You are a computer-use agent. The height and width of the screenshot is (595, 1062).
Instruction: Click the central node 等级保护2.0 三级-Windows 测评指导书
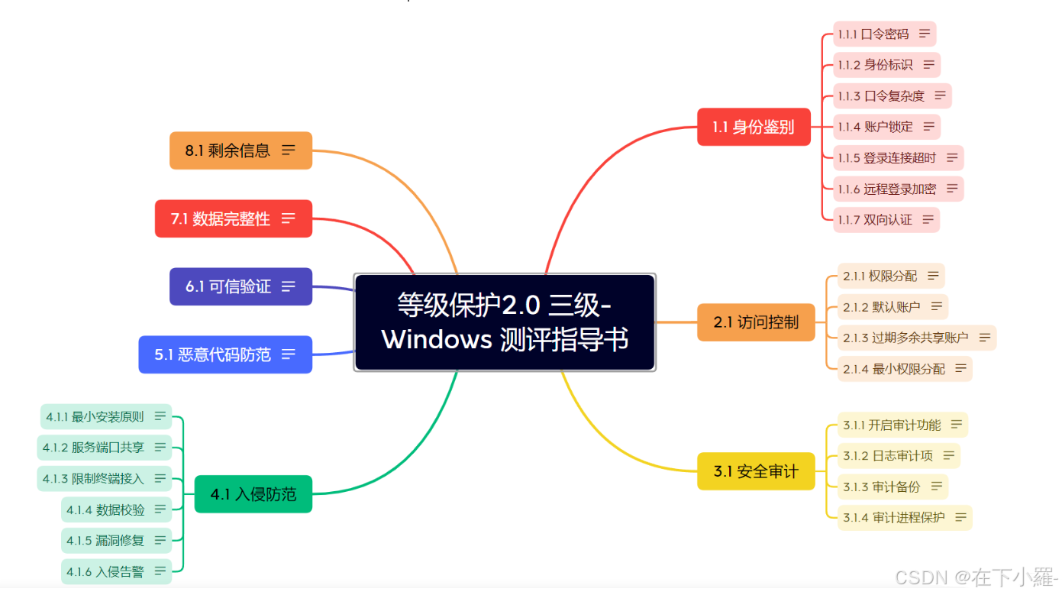(505, 322)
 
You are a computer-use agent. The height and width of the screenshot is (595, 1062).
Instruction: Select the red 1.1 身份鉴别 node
(754, 127)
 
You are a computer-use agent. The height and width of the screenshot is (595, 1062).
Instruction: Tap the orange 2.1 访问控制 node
(756, 322)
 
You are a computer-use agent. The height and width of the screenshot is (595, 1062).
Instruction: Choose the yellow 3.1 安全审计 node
(756, 471)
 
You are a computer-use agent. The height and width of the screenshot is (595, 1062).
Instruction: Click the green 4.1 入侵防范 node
(253, 494)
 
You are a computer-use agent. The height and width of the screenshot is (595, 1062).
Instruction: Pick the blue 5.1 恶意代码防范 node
(225, 354)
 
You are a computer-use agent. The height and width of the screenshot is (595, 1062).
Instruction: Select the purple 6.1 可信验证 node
(240, 286)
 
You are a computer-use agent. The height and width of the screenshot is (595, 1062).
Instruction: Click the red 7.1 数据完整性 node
(234, 218)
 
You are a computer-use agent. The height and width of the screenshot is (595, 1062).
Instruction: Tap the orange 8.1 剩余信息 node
(240, 150)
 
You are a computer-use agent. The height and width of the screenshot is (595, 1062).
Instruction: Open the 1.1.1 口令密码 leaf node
(885, 34)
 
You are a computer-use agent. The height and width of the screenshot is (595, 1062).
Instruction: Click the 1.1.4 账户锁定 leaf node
(886, 127)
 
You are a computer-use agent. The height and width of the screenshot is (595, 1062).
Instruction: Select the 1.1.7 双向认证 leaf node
(886, 220)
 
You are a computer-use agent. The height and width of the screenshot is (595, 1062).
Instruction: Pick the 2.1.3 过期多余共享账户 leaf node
(917, 338)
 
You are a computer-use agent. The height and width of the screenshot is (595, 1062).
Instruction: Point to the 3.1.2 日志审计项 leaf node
(899, 456)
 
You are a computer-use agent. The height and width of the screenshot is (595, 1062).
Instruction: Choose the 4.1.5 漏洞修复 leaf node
(116, 541)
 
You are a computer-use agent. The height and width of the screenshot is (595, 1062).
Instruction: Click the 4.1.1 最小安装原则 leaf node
(105, 416)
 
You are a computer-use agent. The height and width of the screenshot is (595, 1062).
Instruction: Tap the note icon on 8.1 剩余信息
(289, 150)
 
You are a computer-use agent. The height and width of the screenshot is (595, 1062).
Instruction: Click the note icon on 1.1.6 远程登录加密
(952, 189)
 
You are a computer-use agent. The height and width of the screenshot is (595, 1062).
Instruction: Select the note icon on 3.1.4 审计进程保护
(960, 518)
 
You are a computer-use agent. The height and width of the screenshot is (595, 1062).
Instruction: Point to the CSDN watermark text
(976, 577)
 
